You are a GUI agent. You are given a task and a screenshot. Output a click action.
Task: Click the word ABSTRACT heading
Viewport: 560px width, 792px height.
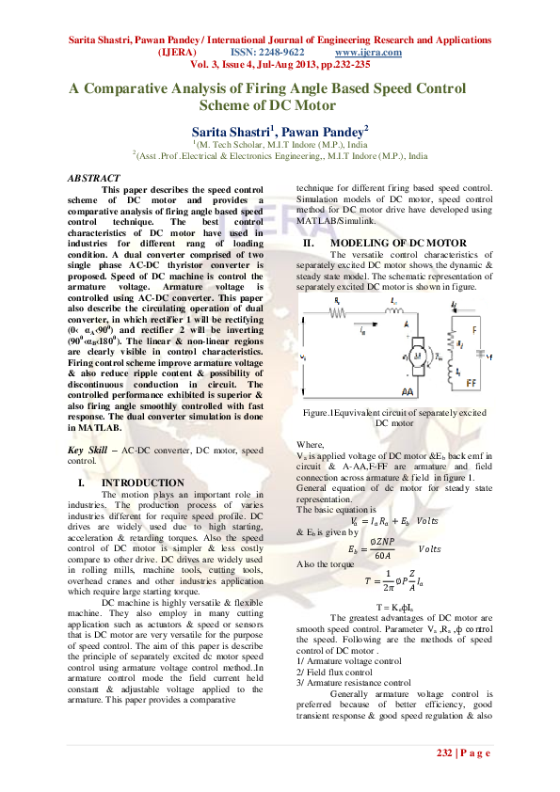coord(94,178)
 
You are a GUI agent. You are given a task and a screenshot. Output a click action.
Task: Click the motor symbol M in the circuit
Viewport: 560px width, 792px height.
coord(387,356)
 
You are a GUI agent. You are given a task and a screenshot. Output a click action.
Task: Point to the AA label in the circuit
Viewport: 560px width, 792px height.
coord(408,391)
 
